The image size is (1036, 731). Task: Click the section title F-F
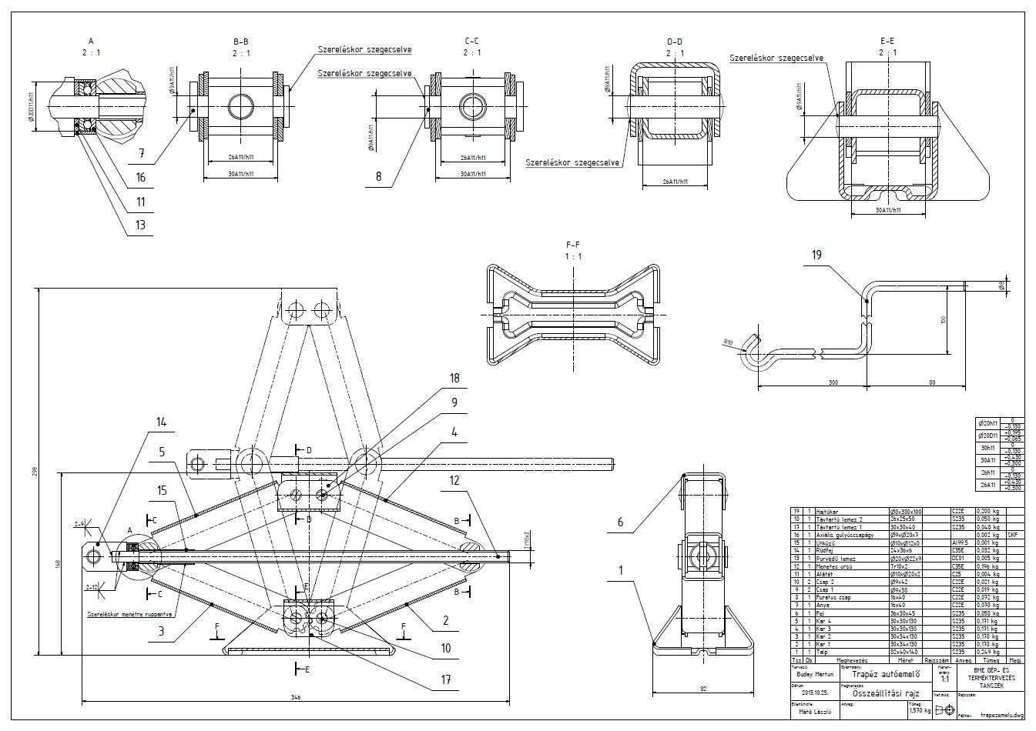click(573, 245)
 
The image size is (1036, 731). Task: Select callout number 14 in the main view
click(161, 422)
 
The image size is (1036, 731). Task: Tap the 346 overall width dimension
click(295, 697)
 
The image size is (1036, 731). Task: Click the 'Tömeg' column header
click(991, 659)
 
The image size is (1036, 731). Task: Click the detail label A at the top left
click(91, 40)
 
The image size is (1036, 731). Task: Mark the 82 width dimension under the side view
click(702, 689)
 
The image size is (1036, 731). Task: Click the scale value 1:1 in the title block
click(944, 679)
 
